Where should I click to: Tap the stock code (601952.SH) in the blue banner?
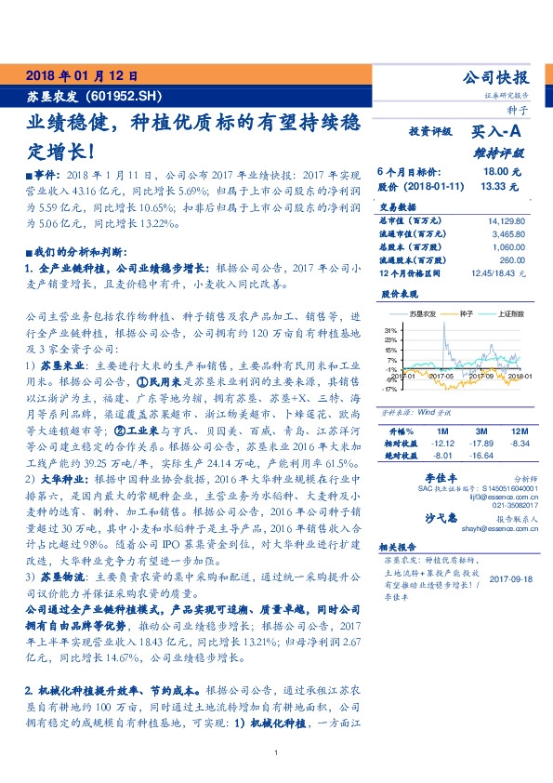pos(123,96)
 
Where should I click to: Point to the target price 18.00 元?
pos(503,172)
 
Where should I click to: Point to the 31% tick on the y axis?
pos(390,329)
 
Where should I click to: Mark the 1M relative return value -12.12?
pos(441,445)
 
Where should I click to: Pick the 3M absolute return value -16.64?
pos(481,457)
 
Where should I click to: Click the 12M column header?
pos(519,432)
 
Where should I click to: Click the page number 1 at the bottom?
pos(276,752)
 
